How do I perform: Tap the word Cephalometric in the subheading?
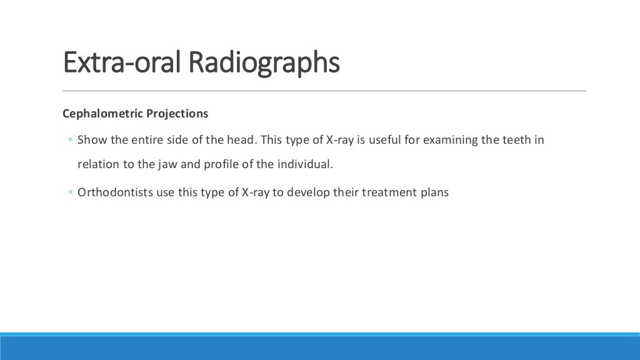point(102,114)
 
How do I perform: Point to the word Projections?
point(177,114)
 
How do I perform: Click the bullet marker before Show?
point(71,140)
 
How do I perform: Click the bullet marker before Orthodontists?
point(71,192)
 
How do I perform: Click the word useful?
point(385,139)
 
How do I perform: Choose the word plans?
point(435,192)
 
